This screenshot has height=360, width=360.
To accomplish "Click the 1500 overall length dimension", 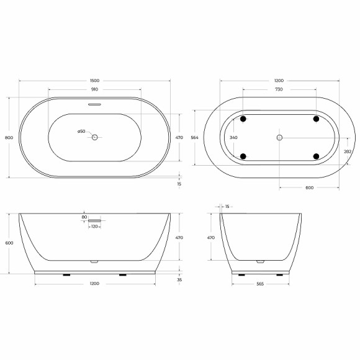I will click(94, 81).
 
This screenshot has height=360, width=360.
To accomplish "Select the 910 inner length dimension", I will click(94, 89).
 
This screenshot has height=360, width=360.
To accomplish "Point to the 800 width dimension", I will click(8, 137).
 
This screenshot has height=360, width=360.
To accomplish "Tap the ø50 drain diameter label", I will click(81, 131).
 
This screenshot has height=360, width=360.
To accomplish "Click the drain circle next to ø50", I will click(95, 137).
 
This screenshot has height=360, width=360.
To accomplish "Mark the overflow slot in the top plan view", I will click(94, 104).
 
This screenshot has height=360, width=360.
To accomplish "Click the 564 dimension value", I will click(194, 137).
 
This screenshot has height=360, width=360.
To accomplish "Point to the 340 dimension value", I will click(233, 137).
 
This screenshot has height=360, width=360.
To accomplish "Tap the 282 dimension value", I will click(348, 151).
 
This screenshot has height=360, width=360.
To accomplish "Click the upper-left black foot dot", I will click(243, 119).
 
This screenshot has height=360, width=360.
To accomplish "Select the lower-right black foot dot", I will click(316, 156).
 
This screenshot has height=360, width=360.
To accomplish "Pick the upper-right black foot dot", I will click(316, 119).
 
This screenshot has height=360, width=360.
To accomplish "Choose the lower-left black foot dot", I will click(243, 156).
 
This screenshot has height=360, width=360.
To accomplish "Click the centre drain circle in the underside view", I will click(279, 137).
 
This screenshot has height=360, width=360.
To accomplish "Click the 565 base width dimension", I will click(261, 284).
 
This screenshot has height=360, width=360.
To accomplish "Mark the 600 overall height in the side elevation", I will click(8, 243).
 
